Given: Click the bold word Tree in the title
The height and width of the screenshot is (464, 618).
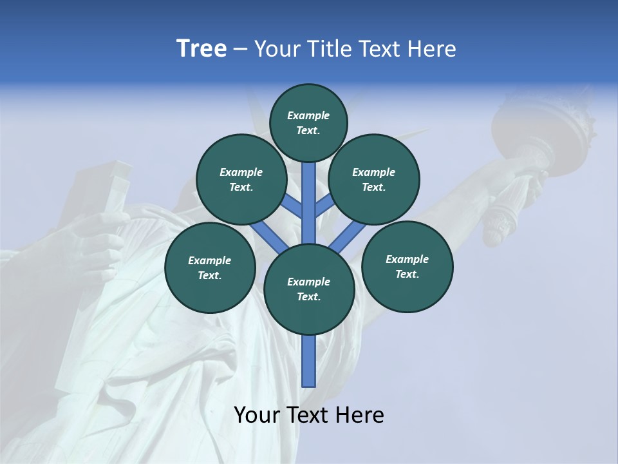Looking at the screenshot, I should tap(201, 49).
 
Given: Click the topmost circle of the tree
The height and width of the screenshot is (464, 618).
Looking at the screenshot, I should tap(308, 122).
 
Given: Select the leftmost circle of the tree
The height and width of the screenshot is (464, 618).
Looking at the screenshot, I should tap(210, 267).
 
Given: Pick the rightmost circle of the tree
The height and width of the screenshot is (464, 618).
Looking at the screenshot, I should tap(407, 266).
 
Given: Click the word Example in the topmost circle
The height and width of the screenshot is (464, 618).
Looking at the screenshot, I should tap(308, 115).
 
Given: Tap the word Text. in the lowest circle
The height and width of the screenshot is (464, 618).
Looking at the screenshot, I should tap(309, 296).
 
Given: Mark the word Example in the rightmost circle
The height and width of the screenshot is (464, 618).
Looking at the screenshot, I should tap(407, 259).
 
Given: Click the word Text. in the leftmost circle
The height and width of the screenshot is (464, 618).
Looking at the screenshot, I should tap(210, 275).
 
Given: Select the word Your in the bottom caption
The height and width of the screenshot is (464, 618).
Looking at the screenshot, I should tap(256, 415).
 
